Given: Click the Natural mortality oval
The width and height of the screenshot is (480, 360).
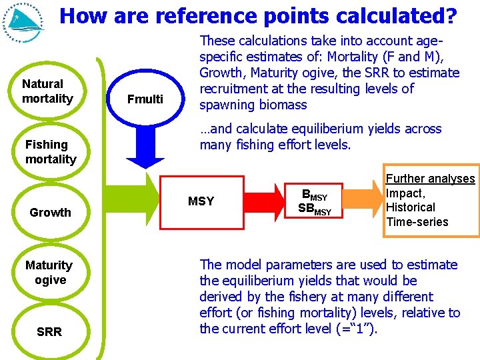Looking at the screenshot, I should pyautogui.click(x=47, y=91).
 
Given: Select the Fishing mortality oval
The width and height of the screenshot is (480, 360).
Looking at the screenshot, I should pyautogui.click(x=50, y=152).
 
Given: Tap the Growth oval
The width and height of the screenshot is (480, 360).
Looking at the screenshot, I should pyautogui.click(x=50, y=213).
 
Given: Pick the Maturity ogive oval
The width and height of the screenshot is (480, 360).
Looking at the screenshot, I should pyautogui.click(x=50, y=273).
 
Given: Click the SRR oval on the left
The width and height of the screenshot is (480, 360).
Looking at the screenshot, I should pyautogui.click(x=50, y=332).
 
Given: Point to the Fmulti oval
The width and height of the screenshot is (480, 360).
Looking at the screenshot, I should pyautogui.click(x=145, y=99).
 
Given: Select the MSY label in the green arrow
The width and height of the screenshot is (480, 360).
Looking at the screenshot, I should pyautogui.click(x=201, y=201).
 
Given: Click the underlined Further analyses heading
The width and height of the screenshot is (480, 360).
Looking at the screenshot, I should pyautogui.click(x=431, y=179).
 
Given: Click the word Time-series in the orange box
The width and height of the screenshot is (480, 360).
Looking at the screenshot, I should pyautogui.click(x=417, y=222).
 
